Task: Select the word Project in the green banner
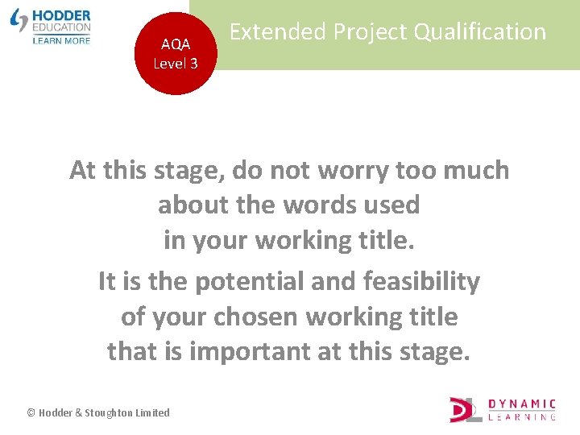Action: tap(363, 32)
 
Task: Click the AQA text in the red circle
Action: tap(176, 45)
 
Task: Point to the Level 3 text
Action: tap(176, 63)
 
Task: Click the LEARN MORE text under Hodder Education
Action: tap(62, 39)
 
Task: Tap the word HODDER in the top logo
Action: tap(62, 15)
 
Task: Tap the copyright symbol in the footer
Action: tap(31, 412)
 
